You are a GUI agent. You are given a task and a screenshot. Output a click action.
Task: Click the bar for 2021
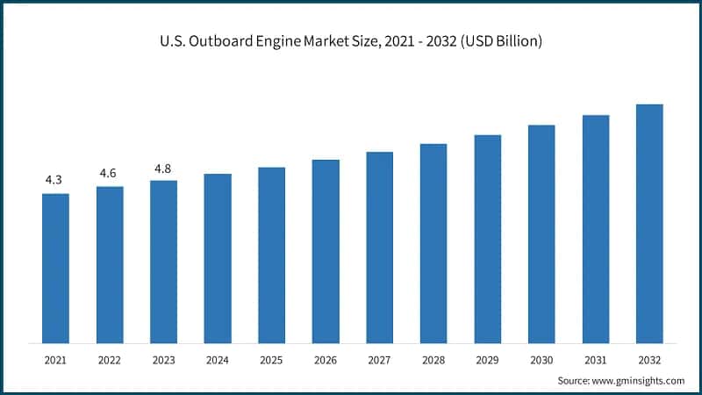[55, 268]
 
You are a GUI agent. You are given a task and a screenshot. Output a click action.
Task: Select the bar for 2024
[218, 258]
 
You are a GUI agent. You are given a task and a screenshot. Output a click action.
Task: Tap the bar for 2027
[380, 248]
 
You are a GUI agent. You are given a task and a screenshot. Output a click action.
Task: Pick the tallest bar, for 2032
[649, 224]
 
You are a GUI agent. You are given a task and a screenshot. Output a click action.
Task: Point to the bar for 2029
[488, 239]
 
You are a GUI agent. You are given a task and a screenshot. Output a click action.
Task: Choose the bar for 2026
[326, 251]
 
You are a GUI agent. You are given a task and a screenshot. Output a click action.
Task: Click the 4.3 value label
[54, 180]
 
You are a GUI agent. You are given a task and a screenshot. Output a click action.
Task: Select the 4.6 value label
[108, 173]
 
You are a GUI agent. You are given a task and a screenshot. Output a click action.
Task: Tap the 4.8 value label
[162, 168]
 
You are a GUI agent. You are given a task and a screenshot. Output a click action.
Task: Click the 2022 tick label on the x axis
[110, 360]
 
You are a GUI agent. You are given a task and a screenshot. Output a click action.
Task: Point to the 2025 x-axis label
[271, 360]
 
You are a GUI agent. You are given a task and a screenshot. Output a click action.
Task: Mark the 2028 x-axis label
[433, 360]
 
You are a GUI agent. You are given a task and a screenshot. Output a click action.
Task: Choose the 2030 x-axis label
[541, 360]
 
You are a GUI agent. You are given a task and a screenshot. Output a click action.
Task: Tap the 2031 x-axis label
[596, 360]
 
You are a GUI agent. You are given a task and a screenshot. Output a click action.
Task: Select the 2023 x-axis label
[163, 360]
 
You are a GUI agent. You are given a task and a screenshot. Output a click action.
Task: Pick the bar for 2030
[541, 233]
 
